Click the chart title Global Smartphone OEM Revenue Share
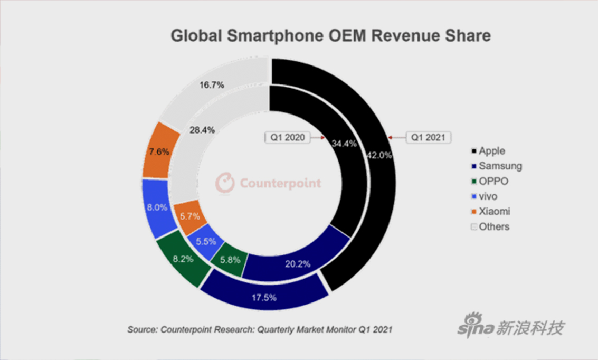[x=330, y=36]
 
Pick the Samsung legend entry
[x=496, y=166]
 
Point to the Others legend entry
[x=491, y=226]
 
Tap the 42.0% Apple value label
[x=379, y=156]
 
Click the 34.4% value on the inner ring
[x=344, y=143]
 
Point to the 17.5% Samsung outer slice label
[x=264, y=298]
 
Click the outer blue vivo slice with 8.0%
[x=157, y=208]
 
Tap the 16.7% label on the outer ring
[x=212, y=84]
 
